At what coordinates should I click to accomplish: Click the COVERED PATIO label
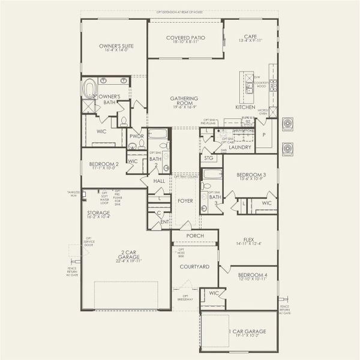pos(185,38)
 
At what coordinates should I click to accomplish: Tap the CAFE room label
pos(250,37)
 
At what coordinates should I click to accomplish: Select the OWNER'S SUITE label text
pos(116,46)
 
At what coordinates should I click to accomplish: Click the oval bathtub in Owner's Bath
pos(91,89)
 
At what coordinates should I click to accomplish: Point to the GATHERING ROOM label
pos(184,101)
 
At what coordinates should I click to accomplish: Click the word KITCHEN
pos(245,107)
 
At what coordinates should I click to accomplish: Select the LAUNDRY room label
pos(240,146)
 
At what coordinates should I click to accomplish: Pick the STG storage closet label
pos(209,158)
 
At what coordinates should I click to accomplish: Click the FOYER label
pos(185,200)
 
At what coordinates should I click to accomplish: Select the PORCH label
pos(195,236)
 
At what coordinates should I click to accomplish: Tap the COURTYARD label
pos(195,266)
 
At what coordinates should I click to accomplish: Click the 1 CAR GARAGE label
pos(247,331)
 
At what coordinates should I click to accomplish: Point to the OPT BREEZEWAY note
pos(187,298)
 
